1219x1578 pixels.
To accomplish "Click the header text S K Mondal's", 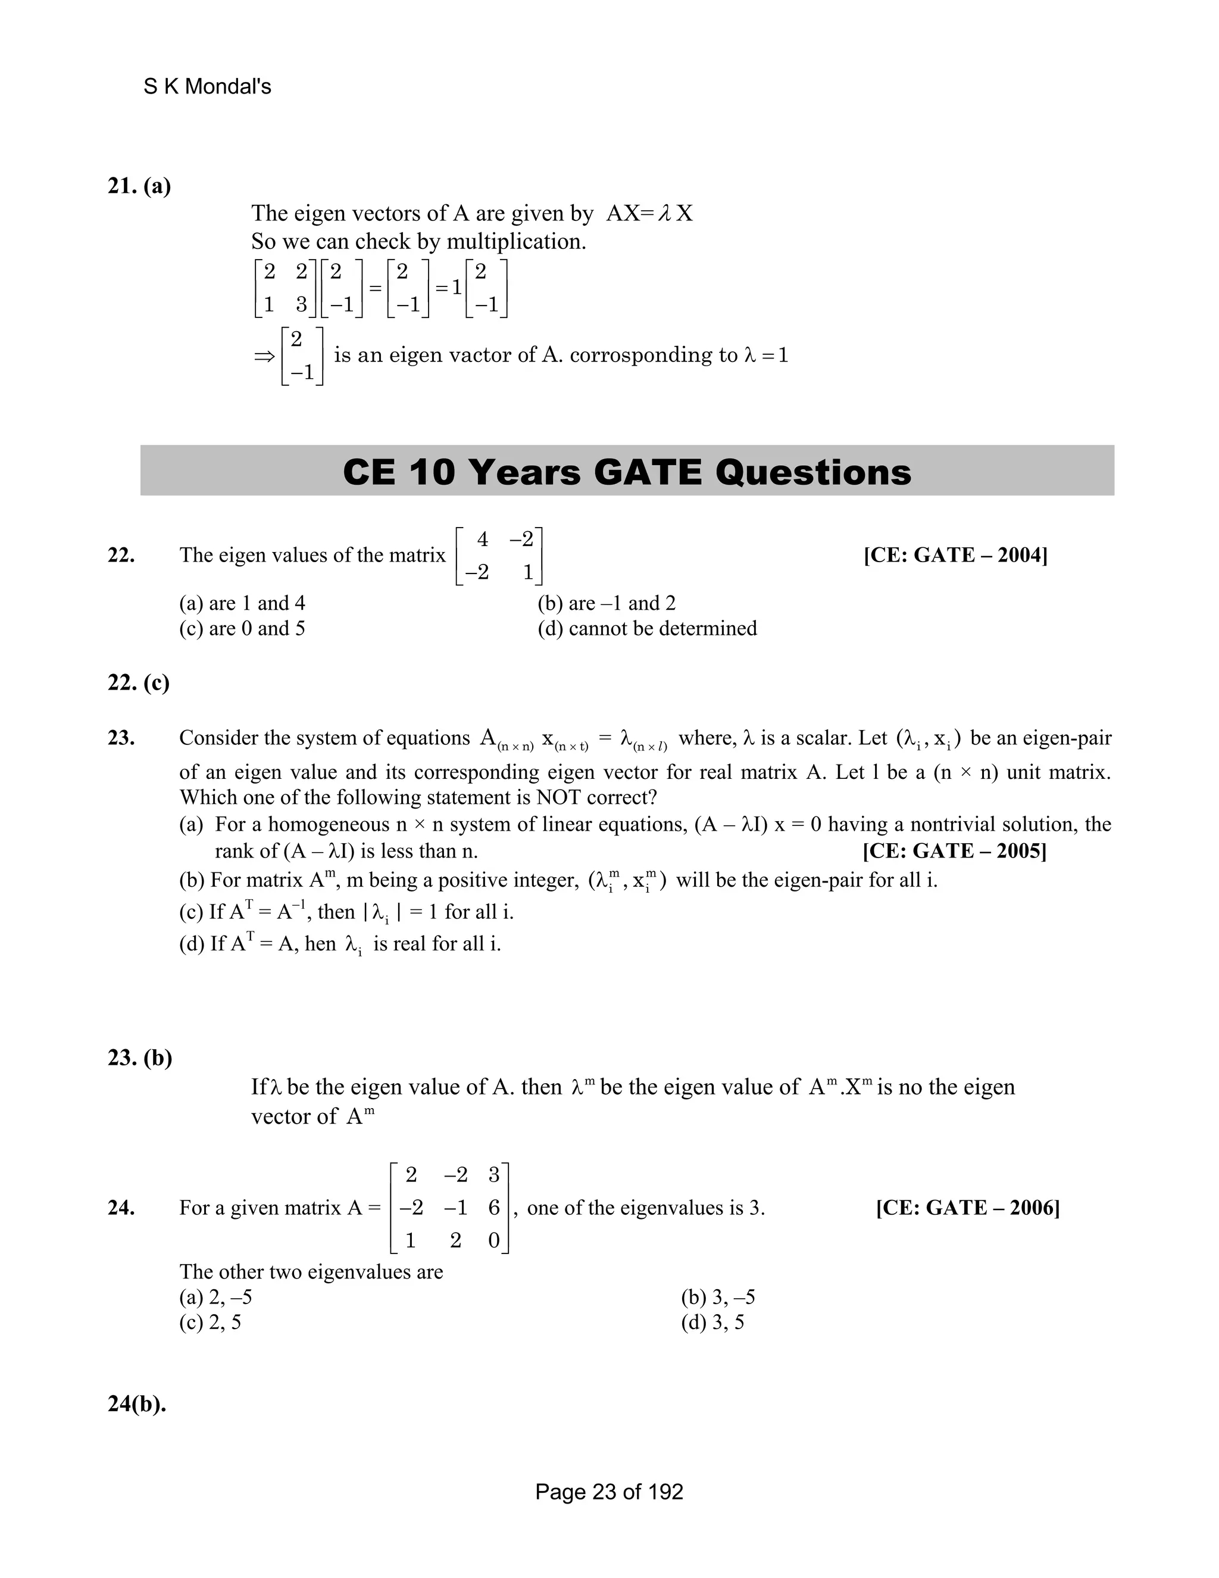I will click(x=207, y=87).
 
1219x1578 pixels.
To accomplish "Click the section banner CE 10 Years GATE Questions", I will click(x=627, y=472).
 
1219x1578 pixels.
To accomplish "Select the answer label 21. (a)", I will click(x=139, y=186).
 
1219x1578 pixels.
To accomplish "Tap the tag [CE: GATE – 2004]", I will click(x=955, y=555).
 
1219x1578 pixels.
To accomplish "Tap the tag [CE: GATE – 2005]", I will click(x=955, y=850).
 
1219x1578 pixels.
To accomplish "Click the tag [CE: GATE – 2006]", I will click(x=968, y=1208).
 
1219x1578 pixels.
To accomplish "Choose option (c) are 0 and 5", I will click(x=242, y=629).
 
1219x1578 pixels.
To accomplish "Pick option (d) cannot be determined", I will click(x=647, y=629).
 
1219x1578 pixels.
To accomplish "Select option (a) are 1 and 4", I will click(x=242, y=603).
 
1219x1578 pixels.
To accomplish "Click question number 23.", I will click(x=121, y=738).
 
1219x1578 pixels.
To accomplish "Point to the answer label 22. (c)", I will click(x=139, y=683).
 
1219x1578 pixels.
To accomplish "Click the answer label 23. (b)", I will click(x=140, y=1058).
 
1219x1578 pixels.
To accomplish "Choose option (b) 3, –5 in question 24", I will click(x=718, y=1297).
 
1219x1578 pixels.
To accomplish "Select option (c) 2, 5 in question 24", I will click(x=210, y=1322).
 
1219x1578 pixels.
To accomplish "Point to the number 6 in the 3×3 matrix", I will click(x=494, y=1208).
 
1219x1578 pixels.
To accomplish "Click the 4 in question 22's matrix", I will click(x=482, y=539).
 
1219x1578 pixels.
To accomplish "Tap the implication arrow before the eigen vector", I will click(x=264, y=356).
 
